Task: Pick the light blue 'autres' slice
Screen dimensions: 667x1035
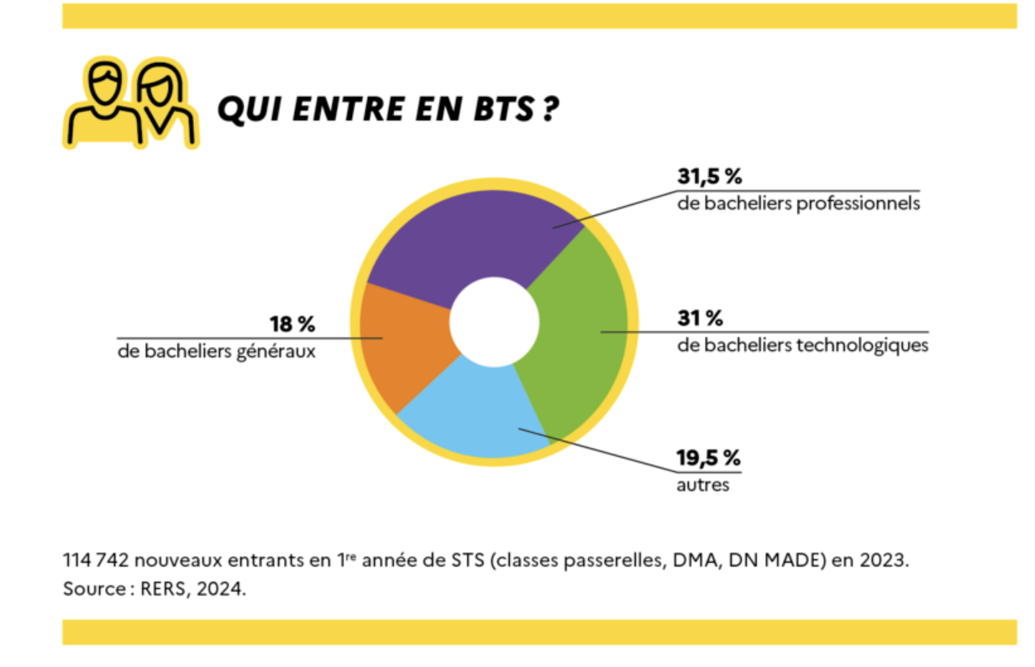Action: (479, 412)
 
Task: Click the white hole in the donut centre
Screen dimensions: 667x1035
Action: (494, 323)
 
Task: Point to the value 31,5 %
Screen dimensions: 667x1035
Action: (710, 177)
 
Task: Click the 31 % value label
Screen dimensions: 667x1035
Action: (700, 318)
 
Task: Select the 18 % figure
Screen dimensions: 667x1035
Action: (292, 324)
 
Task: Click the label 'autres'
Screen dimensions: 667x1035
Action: (703, 486)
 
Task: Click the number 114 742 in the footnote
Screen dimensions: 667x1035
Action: (97, 560)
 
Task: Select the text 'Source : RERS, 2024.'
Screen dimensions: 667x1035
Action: (155, 589)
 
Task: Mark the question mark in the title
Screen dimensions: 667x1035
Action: (549, 109)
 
